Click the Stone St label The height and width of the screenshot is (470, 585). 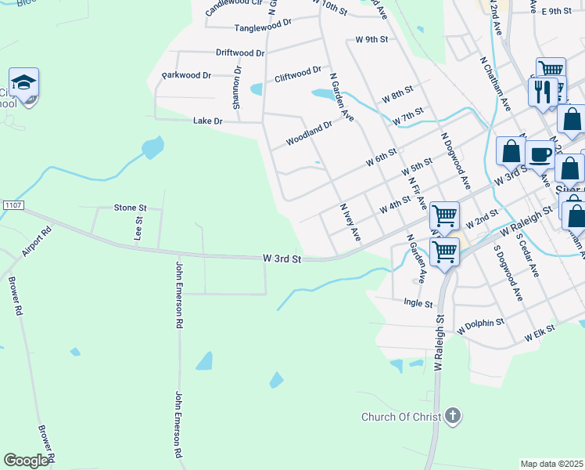[131, 208]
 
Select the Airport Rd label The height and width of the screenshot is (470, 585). [36, 242]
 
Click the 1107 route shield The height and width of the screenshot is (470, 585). [11, 205]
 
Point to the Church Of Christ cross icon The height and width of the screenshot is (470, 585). [452, 416]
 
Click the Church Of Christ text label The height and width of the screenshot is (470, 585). [401, 417]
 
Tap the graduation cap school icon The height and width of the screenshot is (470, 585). [24, 83]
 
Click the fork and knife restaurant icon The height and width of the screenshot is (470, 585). [542, 91]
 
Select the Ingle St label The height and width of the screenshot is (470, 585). [418, 302]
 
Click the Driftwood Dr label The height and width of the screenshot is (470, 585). [240, 52]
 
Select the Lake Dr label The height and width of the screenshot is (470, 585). [208, 121]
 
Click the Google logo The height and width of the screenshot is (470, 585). [27, 461]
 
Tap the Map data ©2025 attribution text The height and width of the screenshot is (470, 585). [551, 464]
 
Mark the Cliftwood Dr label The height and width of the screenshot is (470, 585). [298, 74]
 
